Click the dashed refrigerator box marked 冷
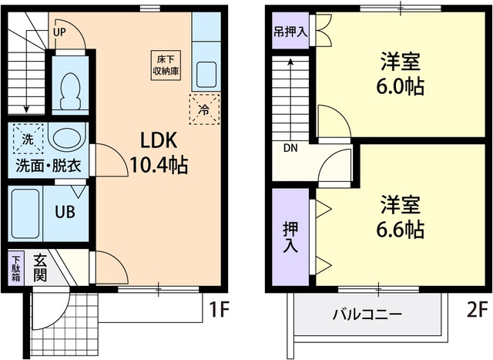(x=204, y=109)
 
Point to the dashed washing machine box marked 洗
(x=28, y=140)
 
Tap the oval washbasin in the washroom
(x=66, y=140)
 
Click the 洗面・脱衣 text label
(x=48, y=165)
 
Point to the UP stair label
(x=60, y=32)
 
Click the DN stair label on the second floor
(x=290, y=148)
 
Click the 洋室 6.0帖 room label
(x=401, y=74)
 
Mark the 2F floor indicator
(x=476, y=311)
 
